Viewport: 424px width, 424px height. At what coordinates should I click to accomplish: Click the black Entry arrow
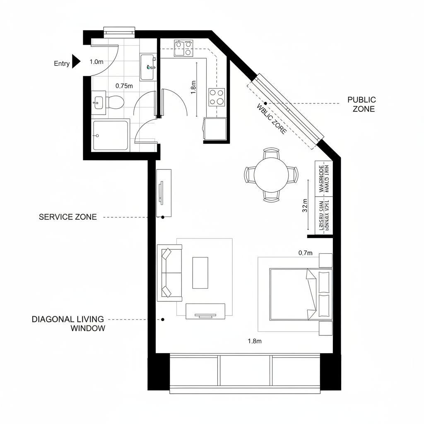coord(76,61)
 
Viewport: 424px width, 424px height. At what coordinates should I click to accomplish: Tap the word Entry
coord(62,63)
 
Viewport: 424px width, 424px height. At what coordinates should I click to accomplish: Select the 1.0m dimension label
coord(96,62)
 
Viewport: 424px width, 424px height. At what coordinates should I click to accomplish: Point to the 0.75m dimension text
coord(124,86)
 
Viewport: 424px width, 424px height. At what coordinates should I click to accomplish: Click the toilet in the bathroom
coord(115,102)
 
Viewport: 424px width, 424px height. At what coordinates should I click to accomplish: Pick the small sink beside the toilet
coord(99,102)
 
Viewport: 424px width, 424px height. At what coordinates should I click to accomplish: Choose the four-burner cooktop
coord(217,97)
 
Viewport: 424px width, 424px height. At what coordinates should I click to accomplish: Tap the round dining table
coord(271,174)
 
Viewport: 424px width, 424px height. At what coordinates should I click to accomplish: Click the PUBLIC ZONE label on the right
coord(361,104)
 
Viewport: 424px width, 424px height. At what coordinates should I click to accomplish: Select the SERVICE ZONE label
coord(67,217)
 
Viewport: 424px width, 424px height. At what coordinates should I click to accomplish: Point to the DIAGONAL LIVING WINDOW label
coord(68,324)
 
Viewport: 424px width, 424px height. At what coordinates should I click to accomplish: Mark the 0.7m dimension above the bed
coord(305,253)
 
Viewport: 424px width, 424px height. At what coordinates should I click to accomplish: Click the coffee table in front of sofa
coord(200,272)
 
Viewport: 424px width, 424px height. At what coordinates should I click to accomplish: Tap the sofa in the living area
coord(169,273)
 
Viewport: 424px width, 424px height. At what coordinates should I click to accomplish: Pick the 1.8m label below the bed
coord(255,341)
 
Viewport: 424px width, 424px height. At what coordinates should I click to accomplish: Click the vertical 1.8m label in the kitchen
coord(193,87)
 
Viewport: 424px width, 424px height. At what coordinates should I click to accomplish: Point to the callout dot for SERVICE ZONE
coord(163,217)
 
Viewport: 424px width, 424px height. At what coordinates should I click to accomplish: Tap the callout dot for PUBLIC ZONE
coord(265,103)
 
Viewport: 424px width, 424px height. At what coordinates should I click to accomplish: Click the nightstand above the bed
coord(325,260)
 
